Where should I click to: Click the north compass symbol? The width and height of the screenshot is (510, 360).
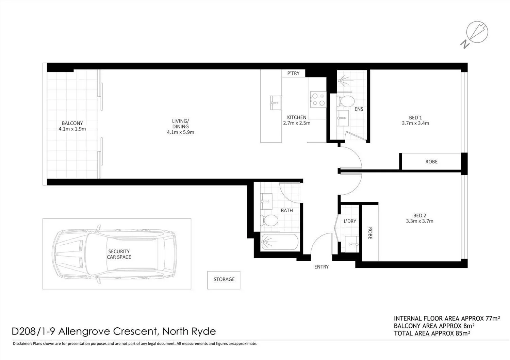[x=477, y=33]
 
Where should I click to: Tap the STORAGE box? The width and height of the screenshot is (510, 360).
[x=224, y=280]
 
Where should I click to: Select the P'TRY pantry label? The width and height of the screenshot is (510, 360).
[x=293, y=73]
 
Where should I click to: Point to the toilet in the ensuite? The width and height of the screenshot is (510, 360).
[x=346, y=101]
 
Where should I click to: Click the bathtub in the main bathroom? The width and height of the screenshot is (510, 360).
[x=279, y=242]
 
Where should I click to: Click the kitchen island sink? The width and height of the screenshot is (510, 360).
[x=276, y=102]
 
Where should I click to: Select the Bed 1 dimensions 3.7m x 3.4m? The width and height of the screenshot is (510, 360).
[x=415, y=123]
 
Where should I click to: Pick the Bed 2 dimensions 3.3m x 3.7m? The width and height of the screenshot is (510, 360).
[x=419, y=221]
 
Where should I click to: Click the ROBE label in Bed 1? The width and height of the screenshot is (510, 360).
[x=431, y=162]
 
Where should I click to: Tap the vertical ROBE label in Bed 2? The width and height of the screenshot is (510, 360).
[x=370, y=233]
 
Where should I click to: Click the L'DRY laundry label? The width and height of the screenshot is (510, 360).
[x=350, y=221]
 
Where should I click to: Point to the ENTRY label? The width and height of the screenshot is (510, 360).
[x=321, y=267]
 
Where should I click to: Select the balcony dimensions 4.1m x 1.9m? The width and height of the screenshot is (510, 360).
[x=72, y=129]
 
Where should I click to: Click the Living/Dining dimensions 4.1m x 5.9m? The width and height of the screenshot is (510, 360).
[x=180, y=132]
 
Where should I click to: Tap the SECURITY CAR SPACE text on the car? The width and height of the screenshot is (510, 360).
[x=119, y=254]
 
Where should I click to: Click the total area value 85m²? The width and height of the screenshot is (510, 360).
[x=463, y=333]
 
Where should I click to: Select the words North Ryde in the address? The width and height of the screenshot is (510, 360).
[x=189, y=331]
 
